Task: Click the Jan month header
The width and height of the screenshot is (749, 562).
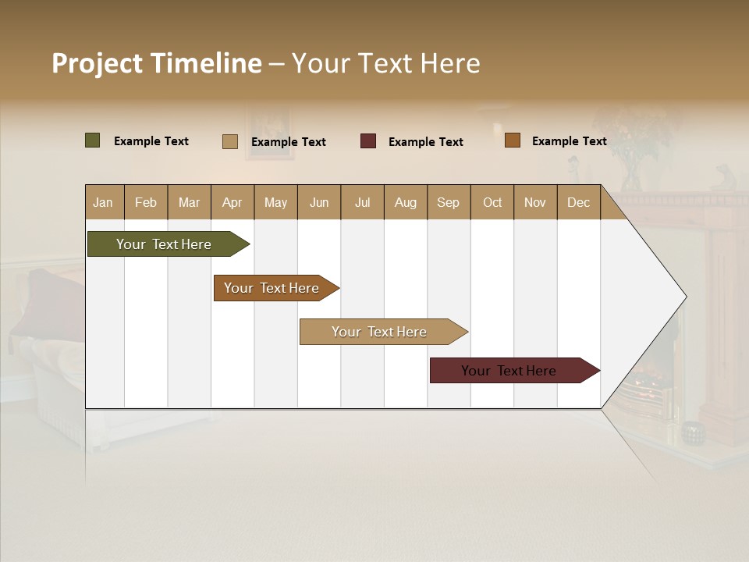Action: pos(104,202)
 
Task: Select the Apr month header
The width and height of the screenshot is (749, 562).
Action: pos(233,202)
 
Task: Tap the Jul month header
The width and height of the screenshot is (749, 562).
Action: pos(362,202)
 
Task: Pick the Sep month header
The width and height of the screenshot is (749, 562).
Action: pos(449,202)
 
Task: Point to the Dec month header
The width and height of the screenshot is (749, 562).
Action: pos(578,202)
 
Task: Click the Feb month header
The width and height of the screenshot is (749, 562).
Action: pos(146,202)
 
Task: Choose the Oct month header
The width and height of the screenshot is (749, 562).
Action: pos(492,202)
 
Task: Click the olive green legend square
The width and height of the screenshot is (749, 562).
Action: pos(93,140)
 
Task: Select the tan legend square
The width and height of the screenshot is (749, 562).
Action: pos(230,141)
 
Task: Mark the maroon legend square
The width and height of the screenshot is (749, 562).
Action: pos(368,141)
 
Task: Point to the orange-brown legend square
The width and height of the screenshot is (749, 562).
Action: pos(512,140)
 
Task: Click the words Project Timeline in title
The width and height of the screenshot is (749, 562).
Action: pos(157,63)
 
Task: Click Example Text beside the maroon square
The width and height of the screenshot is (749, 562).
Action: pos(426,142)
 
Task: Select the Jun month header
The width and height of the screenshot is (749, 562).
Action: pos(319,202)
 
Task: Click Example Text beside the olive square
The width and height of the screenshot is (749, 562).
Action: pos(151,141)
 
